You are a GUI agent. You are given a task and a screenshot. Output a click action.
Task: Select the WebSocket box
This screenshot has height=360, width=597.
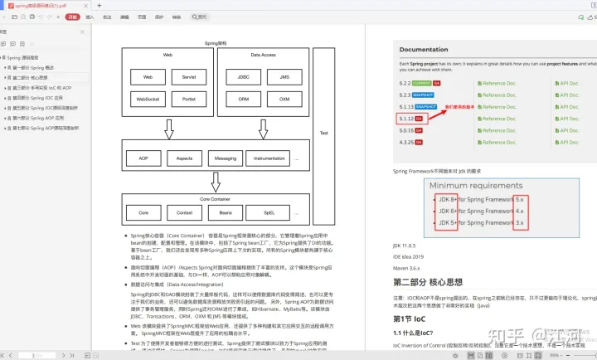pyautogui.click(x=148, y=99)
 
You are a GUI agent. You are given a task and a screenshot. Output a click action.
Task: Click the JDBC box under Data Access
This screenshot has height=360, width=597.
pyautogui.click(x=244, y=77)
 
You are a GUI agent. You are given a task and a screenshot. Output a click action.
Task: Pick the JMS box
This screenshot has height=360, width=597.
pyautogui.click(x=284, y=77)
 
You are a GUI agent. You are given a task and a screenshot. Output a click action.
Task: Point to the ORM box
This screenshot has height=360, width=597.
pyautogui.click(x=244, y=99)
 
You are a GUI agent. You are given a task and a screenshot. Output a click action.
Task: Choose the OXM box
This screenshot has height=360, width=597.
pyautogui.click(x=284, y=99)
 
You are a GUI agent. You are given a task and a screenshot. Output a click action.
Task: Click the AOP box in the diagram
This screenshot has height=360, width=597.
pyautogui.click(x=143, y=158)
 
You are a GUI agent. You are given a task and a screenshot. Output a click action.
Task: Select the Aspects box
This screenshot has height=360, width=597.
pyautogui.click(x=183, y=158)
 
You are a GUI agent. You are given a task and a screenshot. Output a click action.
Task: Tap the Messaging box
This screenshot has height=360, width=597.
pyautogui.click(x=226, y=158)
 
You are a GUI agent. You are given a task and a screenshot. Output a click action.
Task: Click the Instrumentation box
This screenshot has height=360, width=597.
pyautogui.click(x=269, y=158)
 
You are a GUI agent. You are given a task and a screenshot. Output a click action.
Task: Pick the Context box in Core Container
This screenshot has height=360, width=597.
pyautogui.click(x=184, y=212)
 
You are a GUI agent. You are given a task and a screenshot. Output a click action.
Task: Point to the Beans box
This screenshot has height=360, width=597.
pyautogui.click(x=226, y=212)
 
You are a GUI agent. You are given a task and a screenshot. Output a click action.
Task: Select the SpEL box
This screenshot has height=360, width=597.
pyautogui.click(x=269, y=212)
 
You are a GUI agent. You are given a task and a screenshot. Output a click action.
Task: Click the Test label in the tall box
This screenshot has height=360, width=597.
pyautogui.click(x=324, y=133)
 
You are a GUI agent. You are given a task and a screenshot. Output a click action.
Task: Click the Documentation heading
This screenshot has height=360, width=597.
pyautogui.click(x=424, y=51)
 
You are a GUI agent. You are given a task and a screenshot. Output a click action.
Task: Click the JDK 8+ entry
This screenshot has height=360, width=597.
pyautogui.click(x=444, y=200)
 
